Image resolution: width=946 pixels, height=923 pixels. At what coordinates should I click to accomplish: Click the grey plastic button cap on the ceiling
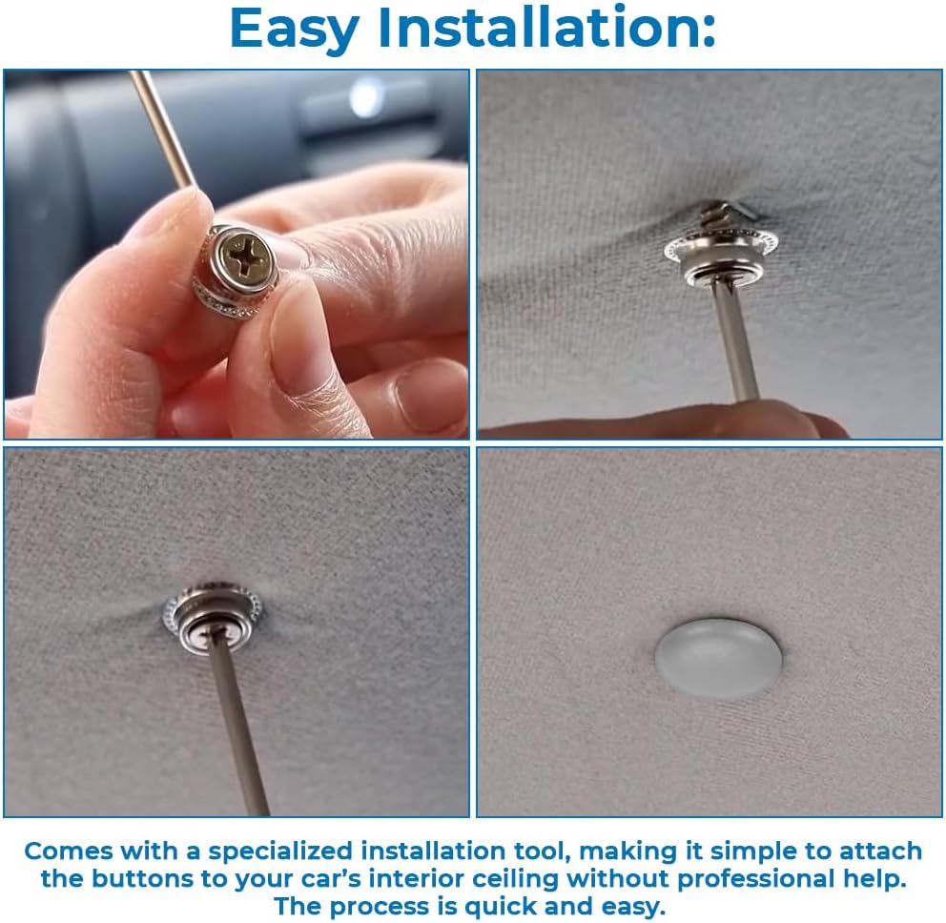718,658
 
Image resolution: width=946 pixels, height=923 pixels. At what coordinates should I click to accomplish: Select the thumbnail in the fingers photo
429,395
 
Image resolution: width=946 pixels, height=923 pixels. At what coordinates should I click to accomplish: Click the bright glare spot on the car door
365,96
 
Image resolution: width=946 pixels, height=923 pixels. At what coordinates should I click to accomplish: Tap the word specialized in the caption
279,851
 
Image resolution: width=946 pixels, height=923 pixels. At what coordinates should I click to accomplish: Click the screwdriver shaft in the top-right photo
735,343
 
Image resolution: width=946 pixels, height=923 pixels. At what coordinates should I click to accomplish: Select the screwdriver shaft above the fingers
162,129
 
